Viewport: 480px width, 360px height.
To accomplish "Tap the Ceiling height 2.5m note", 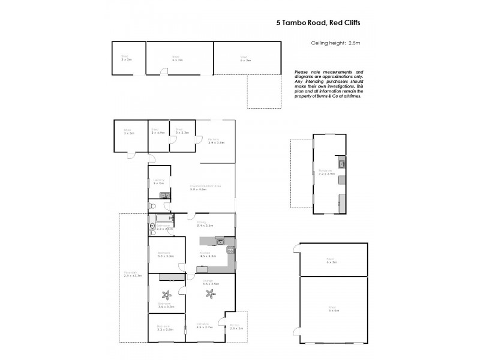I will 334,43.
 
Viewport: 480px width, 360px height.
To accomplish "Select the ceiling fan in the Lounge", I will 211,293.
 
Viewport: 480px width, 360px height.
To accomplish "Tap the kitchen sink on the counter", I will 220,241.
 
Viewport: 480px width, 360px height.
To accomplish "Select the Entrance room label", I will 204,326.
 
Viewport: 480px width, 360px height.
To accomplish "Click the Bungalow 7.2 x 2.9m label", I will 326,172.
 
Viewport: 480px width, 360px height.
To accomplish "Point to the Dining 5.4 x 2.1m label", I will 205,224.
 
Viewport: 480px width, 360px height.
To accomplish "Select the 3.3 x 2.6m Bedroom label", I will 165,328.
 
